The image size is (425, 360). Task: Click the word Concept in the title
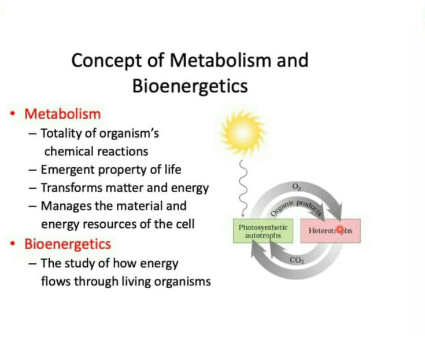point(106,61)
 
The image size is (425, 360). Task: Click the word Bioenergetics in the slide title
point(190,86)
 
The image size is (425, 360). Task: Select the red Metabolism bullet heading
point(62,114)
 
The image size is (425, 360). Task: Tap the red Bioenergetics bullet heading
point(68,244)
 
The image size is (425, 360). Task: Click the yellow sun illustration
point(243,133)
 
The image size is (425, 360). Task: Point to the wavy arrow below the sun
point(243,188)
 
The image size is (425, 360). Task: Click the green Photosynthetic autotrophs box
point(263,231)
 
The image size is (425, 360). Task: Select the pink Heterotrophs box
point(330,230)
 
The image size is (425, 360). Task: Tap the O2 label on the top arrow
point(296,186)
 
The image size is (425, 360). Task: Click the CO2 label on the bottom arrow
point(297,260)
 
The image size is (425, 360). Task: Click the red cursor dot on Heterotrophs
point(339,230)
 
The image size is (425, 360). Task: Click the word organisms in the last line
point(182,282)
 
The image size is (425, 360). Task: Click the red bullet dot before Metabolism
point(12,114)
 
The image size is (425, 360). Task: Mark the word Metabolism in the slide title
point(220,60)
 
